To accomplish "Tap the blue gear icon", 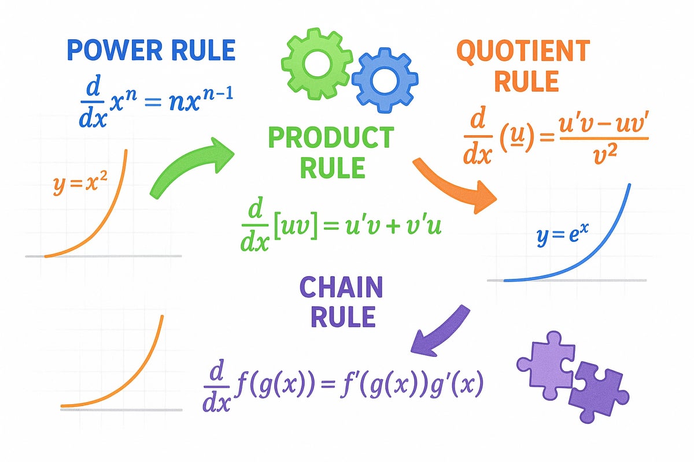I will tap(381, 82).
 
